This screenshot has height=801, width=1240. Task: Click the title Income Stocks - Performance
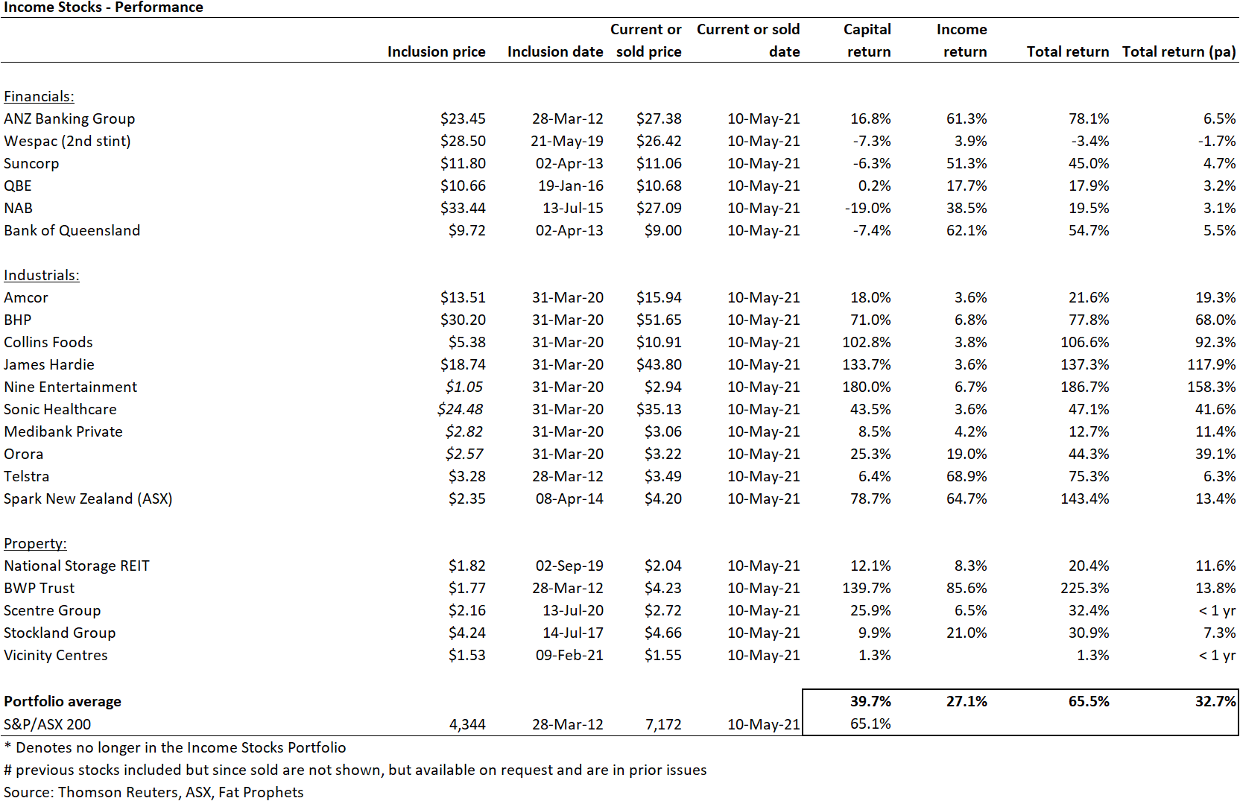point(104,7)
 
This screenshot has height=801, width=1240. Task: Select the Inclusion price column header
point(436,51)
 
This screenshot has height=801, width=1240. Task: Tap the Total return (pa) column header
point(1179,52)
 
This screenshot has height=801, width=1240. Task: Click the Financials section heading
point(39,96)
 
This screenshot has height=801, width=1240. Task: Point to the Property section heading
point(35,544)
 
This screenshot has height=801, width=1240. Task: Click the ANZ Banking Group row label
point(69,118)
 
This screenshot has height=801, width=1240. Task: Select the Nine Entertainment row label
point(70,387)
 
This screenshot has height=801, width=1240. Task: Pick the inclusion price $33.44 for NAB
point(463,208)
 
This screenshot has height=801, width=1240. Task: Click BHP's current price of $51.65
point(659,320)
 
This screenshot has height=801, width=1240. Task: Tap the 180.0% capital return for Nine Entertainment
point(867,387)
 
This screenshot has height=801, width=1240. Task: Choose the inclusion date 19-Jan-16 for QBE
point(570,186)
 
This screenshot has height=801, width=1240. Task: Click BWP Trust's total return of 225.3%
point(1084,588)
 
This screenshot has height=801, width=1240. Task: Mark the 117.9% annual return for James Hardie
point(1211,365)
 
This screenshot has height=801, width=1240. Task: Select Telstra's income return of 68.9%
point(967,476)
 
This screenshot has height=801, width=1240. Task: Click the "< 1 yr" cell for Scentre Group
point(1217,610)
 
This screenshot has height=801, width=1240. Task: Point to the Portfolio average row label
point(63,701)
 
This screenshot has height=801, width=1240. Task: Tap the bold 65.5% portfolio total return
point(1088,701)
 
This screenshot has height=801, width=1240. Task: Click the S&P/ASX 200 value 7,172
point(663,724)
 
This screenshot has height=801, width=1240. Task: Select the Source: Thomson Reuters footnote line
point(154,792)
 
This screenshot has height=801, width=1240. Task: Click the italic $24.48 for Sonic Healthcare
point(460,409)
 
